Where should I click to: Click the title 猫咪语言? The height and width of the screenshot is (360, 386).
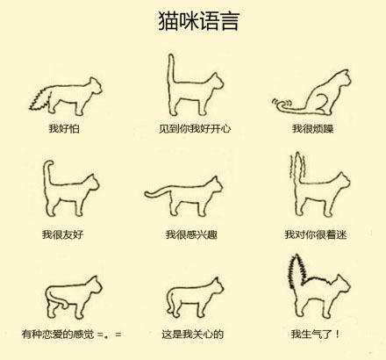(x=192, y=20)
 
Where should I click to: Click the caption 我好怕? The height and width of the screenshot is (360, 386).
(x=66, y=128)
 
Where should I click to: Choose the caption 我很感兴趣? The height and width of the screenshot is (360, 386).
(x=194, y=234)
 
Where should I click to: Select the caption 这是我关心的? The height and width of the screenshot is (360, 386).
(x=193, y=335)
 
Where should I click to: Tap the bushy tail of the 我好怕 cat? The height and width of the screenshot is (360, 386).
(x=39, y=93)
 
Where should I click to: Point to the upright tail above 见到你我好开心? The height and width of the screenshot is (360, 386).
(x=170, y=70)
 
